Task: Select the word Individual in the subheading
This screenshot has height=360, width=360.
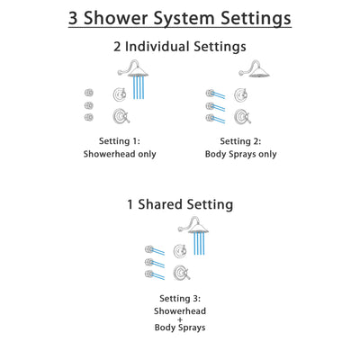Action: pos(170,47)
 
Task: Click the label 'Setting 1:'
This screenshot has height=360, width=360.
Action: pos(120,140)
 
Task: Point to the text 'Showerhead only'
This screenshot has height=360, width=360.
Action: pos(120,154)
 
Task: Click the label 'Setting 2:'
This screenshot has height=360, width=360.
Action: pos(241,140)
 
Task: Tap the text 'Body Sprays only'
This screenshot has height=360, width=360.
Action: pos(241,154)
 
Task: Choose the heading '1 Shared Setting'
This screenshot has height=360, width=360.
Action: pos(180,204)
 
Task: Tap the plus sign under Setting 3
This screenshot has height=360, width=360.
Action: pos(180,319)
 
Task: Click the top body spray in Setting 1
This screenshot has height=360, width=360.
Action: pos(88,92)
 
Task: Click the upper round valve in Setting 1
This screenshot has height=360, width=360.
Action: pos(119,94)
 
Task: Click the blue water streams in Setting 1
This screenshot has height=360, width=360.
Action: pos(139,88)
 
